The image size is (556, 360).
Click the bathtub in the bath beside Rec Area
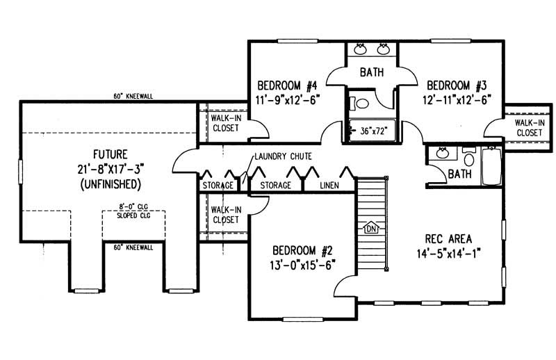coord(491,166)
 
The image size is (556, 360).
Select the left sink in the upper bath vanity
coord(361,49)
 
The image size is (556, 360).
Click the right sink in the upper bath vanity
coord(383,49)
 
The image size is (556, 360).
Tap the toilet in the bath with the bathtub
coord(469,159)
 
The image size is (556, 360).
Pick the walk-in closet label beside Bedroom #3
coord(529,127)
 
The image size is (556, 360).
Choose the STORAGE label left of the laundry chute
coord(218,186)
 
